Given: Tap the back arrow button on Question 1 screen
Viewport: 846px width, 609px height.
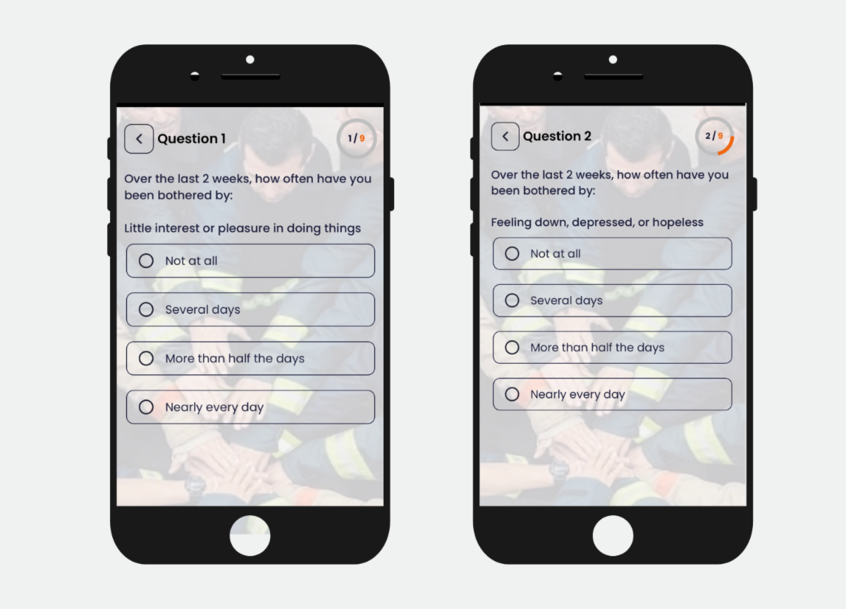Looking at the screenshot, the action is [x=139, y=139].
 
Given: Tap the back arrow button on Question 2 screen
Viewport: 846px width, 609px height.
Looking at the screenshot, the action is [x=505, y=136].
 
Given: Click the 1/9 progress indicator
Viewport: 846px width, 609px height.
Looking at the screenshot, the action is [x=357, y=138].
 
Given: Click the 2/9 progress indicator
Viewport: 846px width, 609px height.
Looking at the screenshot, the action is [x=714, y=136].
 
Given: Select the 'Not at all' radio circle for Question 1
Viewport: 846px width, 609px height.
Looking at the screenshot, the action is [x=146, y=261].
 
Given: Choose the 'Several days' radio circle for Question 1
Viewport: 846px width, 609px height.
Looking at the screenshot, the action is [x=146, y=309].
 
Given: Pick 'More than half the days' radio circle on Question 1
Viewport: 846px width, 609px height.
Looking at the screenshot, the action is [x=146, y=358].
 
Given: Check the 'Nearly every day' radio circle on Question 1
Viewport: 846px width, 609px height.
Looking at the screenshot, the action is [x=146, y=407].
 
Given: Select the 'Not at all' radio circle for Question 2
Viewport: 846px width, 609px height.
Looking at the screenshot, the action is [x=512, y=254].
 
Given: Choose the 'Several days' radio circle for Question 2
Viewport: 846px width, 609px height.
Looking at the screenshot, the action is [x=512, y=300].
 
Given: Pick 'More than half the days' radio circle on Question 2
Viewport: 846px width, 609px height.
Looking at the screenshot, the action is [x=512, y=347].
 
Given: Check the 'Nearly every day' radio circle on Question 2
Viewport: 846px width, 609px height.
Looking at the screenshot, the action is [x=512, y=394].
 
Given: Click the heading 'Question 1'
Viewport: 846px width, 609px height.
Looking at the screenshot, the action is [x=192, y=139].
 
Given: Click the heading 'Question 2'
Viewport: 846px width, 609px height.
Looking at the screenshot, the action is [x=557, y=136].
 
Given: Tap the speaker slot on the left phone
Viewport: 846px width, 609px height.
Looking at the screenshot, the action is [x=251, y=77].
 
